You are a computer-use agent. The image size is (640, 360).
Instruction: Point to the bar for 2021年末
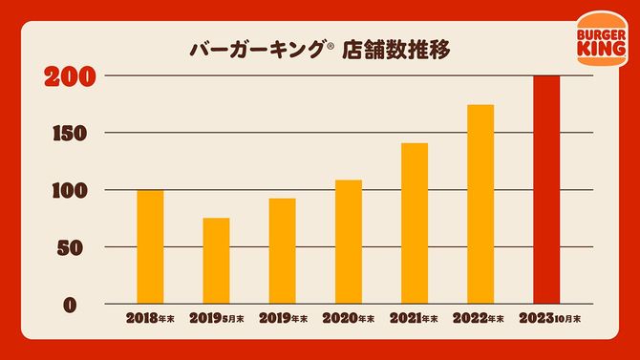pos(415,223)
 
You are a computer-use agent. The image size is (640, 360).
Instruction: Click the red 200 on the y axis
pos(72,76)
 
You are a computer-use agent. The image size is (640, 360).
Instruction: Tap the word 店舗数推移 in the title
pos(401,47)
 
